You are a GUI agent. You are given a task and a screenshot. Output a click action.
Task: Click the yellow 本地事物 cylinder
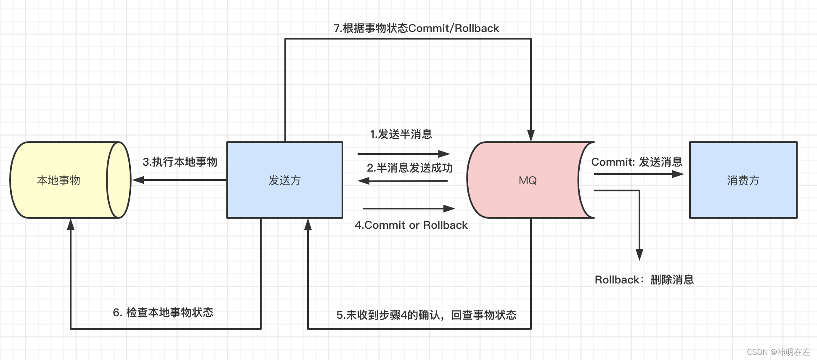(x=59, y=180)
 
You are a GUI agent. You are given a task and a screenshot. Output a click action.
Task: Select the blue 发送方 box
(x=285, y=180)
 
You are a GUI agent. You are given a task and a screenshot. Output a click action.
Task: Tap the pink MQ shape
(x=527, y=180)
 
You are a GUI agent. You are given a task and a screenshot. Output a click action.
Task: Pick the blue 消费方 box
(x=743, y=180)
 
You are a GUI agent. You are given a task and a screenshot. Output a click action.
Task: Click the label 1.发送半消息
(x=401, y=134)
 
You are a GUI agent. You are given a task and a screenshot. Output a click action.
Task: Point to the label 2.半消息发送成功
(x=409, y=168)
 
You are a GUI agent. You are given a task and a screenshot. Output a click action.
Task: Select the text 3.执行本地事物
(x=180, y=162)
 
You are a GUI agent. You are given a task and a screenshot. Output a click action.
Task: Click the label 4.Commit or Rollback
(x=411, y=225)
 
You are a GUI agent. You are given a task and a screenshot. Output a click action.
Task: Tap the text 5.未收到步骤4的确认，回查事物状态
(x=426, y=315)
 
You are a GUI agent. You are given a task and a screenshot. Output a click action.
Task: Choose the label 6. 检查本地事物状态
(x=163, y=312)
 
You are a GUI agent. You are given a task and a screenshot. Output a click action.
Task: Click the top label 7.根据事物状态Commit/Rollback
(x=416, y=28)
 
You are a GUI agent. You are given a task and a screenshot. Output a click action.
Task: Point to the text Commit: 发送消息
(x=637, y=162)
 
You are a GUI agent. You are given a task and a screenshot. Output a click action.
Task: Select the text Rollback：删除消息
(x=644, y=280)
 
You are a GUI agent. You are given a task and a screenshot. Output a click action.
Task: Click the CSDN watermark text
(x=778, y=352)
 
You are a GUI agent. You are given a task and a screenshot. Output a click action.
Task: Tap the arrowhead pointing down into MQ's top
(x=531, y=135)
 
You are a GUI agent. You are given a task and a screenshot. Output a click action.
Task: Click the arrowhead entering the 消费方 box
(x=678, y=174)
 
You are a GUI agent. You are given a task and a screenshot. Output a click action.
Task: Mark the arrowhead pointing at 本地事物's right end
(x=138, y=180)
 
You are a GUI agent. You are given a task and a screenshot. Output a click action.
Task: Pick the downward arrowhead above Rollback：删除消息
(x=639, y=254)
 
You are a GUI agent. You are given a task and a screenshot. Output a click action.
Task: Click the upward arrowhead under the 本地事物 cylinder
(x=71, y=225)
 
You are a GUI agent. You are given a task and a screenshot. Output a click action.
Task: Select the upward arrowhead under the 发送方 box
(x=308, y=225)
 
